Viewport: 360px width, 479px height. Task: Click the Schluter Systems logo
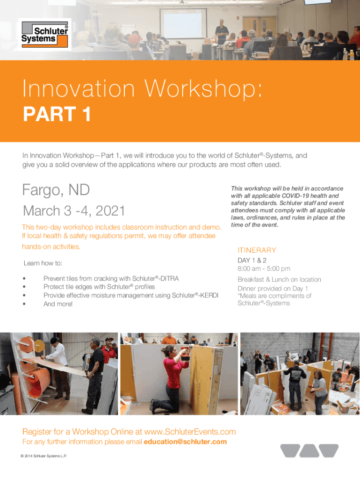(44, 34)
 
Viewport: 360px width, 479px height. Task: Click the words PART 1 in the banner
(57, 114)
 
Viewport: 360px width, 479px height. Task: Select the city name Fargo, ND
(56, 190)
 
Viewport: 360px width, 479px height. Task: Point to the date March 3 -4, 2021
(74, 211)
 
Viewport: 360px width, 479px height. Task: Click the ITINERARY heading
(257, 250)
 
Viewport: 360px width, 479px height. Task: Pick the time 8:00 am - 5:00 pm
(264, 269)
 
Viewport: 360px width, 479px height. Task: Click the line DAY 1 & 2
(252, 260)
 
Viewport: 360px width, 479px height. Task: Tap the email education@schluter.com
(186, 442)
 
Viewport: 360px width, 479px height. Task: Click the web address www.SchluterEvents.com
(190, 431)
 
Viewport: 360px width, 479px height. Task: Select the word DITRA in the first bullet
(169, 278)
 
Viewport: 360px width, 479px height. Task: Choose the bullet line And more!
(58, 304)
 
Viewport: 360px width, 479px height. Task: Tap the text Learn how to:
(43, 264)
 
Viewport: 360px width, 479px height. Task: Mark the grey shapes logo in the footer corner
(309, 450)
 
